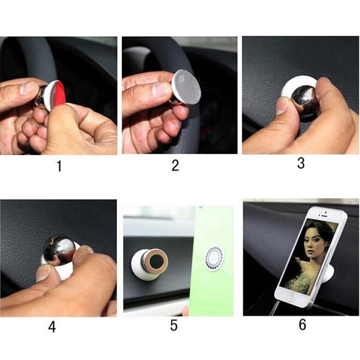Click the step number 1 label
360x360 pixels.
click(x=59, y=166)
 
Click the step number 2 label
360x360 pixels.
click(x=175, y=165)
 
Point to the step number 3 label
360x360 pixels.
click(x=301, y=163)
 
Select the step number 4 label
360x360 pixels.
click(x=52, y=327)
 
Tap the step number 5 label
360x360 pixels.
click(x=174, y=325)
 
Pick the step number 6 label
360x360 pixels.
click(x=302, y=324)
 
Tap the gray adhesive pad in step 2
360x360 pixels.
click(x=187, y=87)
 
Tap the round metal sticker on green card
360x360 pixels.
click(x=214, y=256)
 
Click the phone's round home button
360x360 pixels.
click(x=291, y=297)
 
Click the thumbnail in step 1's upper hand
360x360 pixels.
click(x=27, y=88)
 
